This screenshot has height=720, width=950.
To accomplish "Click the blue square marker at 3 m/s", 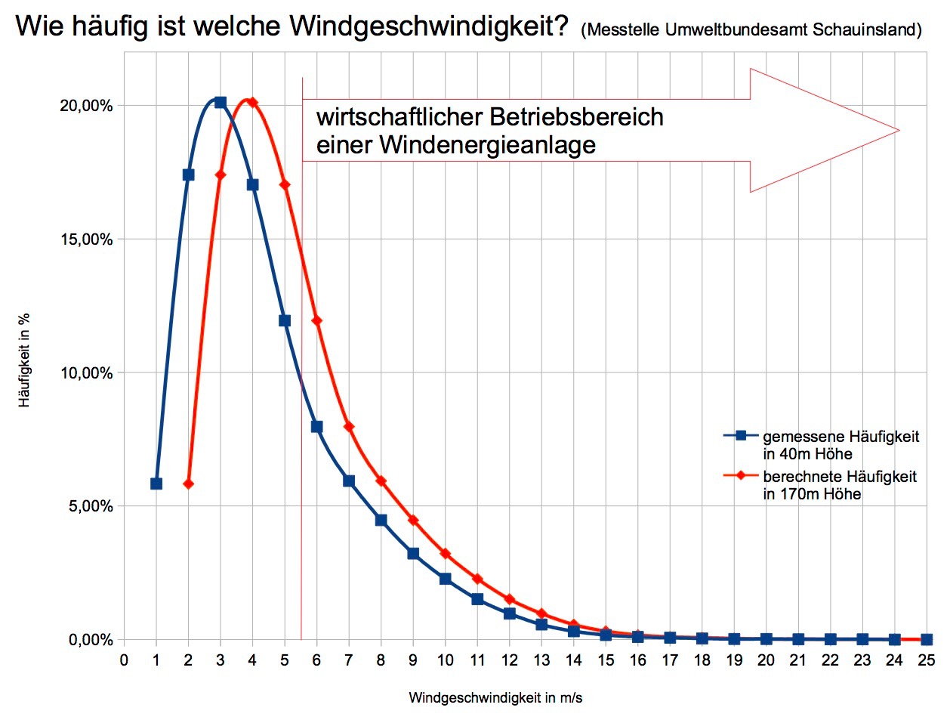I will point(221,102).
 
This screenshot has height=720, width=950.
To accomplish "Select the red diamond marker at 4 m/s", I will point(252,102).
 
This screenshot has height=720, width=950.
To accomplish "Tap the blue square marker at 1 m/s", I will point(156,484).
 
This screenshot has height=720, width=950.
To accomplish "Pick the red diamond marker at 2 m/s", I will point(189,484).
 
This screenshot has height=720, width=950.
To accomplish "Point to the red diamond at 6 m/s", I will point(316,320).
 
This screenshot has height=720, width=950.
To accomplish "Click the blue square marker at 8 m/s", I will point(381,520).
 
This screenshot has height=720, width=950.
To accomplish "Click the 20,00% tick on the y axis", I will point(86,106).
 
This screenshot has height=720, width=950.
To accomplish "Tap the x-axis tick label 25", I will point(927,660).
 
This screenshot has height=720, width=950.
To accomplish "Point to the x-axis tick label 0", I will point(125,660).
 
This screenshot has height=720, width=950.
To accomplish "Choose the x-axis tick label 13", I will point(541,660).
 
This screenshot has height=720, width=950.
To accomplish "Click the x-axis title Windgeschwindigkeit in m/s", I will point(495,698).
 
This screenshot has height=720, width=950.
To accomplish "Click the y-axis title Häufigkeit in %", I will point(25,360).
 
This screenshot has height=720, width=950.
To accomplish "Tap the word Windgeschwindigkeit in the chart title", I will point(428,27).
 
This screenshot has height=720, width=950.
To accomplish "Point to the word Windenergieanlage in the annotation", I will point(487,144).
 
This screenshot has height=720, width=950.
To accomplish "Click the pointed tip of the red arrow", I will point(899,130).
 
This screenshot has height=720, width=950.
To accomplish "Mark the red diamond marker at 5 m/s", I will point(285,184).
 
